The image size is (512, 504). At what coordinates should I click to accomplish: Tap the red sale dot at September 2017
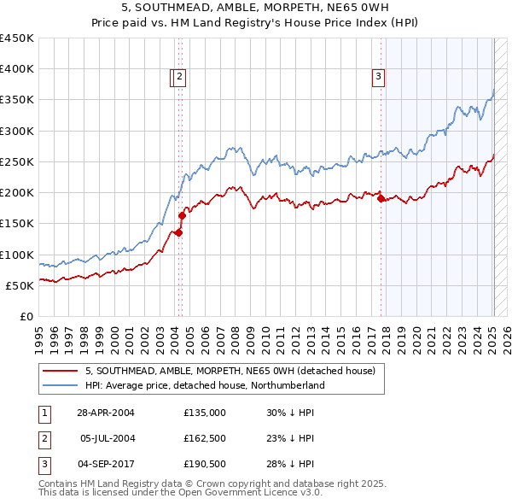tap(380, 198)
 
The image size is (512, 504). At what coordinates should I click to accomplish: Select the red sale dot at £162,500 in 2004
tap(182, 216)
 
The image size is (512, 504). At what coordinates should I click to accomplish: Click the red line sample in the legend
tap(60, 371)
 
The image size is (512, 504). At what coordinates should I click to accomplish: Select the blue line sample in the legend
tap(60, 385)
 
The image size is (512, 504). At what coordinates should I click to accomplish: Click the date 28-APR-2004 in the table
tap(106, 412)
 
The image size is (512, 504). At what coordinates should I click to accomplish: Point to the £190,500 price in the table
tap(205, 463)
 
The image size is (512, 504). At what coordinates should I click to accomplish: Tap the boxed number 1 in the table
tap(44, 412)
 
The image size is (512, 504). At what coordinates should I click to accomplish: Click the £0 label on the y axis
tap(26, 316)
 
